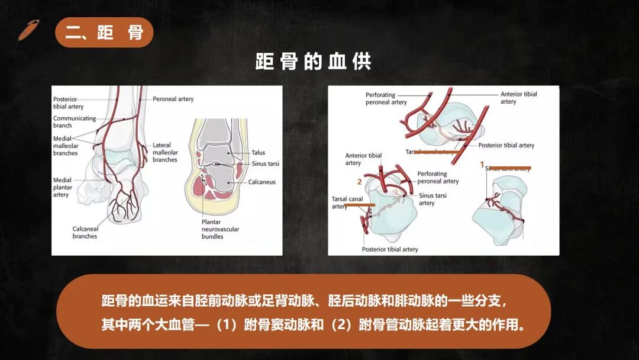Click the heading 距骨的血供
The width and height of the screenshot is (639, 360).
coord(313,62)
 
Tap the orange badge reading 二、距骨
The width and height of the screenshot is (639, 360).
coord(104,33)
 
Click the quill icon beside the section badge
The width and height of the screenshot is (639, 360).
coord(28,30)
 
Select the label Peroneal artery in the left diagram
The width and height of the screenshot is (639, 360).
coord(173,99)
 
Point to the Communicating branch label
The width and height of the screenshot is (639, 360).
coord(74,122)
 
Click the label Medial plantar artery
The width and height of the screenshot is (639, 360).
coord(63,187)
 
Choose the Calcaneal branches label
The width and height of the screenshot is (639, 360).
coord(85,233)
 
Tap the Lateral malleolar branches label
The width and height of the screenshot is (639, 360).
coord(165,152)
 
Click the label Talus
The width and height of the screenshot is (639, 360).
coord(259,153)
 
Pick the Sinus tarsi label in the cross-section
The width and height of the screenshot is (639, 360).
coord(265,164)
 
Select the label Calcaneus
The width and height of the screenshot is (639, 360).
coord(262,182)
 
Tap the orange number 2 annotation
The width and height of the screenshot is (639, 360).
coord(359,182)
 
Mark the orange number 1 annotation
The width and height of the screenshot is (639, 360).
coord(482,163)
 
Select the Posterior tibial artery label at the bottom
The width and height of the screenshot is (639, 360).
coord(390,249)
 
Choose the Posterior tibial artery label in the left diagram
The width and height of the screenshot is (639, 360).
coord(68,103)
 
